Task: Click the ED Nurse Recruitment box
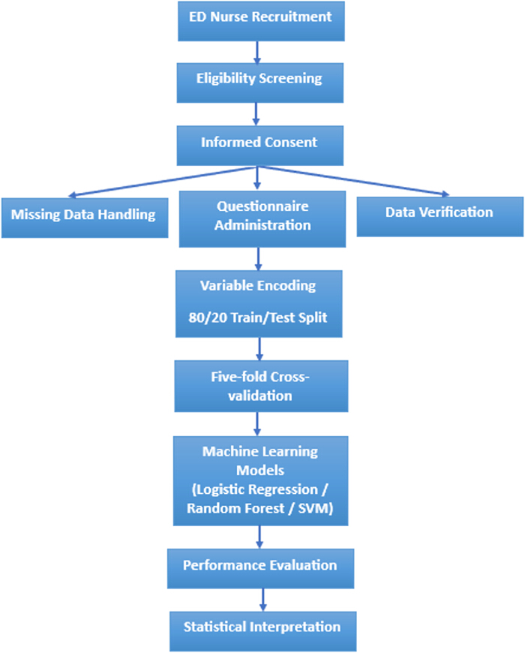(x=261, y=21)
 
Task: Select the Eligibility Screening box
(x=260, y=83)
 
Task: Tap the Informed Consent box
(x=260, y=146)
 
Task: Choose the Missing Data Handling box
(x=85, y=218)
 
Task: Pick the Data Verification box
(x=440, y=217)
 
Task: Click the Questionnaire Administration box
(x=262, y=219)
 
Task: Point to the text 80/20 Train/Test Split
(x=258, y=317)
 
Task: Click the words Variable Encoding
(x=258, y=286)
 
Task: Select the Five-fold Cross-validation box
(x=261, y=387)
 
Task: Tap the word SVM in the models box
(x=316, y=508)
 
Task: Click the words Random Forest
(x=235, y=508)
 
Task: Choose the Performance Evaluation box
(x=261, y=568)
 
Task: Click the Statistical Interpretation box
(x=263, y=631)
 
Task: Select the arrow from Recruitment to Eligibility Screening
(x=257, y=53)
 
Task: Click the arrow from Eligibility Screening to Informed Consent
(x=256, y=114)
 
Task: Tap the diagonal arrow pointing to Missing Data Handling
(x=162, y=182)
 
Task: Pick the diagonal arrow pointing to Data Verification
(x=354, y=181)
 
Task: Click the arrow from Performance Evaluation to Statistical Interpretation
(x=262, y=600)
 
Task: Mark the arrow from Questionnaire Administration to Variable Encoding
(x=258, y=259)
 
